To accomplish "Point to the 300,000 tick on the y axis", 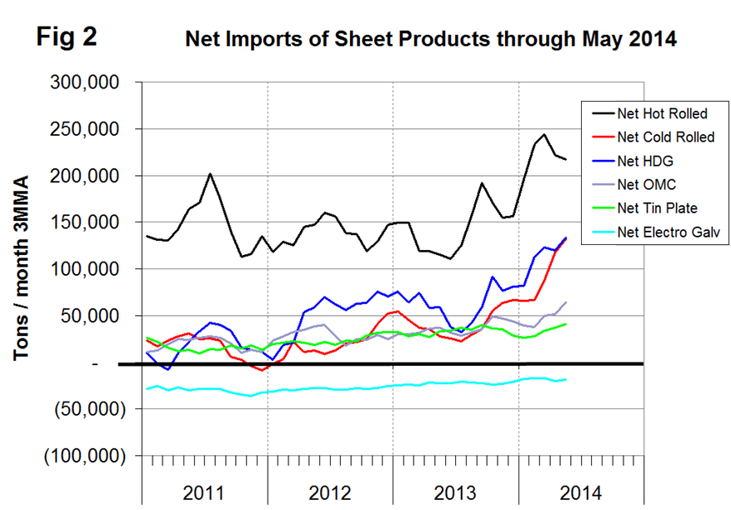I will pyautogui.click(x=93, y=83).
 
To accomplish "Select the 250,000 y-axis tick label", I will pyautogui.click(x=93, y=130).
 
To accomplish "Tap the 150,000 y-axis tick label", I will pyautogui.click(x=93, y=222).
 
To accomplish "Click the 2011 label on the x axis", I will pyautogui.click(x=203, y=492).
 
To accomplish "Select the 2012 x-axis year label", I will pyautogui.click(x=329, y=492).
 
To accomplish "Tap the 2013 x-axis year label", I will pyautogui.click(x=455, y=492).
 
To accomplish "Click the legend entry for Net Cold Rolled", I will pyautogui.click(x=664, y=136).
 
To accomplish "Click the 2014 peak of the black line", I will pyautogui.click(x=544, y=134).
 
